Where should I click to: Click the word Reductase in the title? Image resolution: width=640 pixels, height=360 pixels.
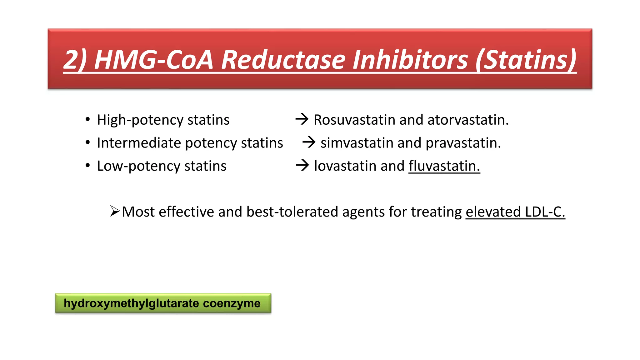[x=283, y=60]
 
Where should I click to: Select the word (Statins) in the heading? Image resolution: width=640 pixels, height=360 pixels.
[x=526, y=60]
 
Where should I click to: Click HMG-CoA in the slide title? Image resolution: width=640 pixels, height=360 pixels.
[x=153, y=60]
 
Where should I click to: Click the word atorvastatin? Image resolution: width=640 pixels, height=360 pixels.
[x=468, y=120]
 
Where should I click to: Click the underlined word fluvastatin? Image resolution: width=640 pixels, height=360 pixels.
[x=444, y=166]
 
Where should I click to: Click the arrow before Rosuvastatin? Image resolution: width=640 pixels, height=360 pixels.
[x=302, y=119]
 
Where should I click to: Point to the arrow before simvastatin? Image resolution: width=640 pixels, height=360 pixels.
[x=309, y=142]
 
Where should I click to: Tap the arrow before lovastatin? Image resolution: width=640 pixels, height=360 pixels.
[x=302, y=165]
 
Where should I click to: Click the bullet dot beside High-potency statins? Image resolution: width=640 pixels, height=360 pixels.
[x=88, y=119]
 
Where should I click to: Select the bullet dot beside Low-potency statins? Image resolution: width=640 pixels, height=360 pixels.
[x=88, y=165]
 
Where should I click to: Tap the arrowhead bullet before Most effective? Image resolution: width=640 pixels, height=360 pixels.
[x=115, y=211]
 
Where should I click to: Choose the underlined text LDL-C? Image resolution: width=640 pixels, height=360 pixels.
[x=545, y=212]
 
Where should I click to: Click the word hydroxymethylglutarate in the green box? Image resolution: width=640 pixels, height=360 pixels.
[x=131, y=303]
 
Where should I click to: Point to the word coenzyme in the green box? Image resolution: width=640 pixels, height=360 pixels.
[x=232, y=303]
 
